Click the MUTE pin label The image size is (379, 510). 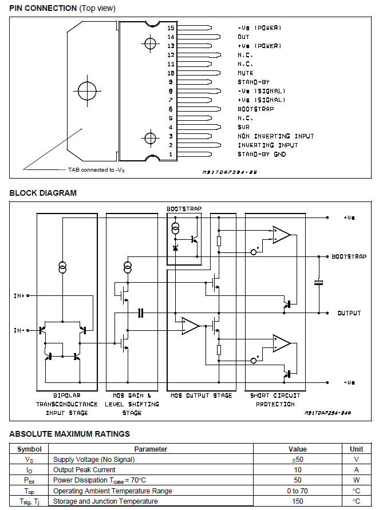point(245,73)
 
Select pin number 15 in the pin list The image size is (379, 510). point(171,27)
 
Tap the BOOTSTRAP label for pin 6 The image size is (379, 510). point(255,109)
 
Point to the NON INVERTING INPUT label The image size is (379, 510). point(275,136)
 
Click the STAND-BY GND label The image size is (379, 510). point(262,155)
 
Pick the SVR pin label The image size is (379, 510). point(243,127)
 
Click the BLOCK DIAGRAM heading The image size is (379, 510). point(43,193)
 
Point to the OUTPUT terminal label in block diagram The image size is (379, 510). point(349,313)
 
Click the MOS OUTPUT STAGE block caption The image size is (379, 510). point(202,396)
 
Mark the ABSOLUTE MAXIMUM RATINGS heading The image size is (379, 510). point(69,434)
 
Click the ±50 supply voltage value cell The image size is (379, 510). point(297,459)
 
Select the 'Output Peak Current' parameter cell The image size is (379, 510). point(84,470)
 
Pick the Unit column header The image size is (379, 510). point(356,449)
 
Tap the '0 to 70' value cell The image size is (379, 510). point(297,491)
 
